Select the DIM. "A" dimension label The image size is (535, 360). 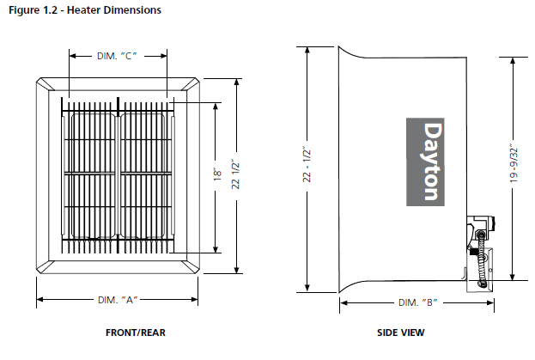point(119,300)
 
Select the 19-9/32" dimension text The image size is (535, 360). point(514,162)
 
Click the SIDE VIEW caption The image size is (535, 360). point(400,333)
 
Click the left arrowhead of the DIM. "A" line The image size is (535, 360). point(40,300)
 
